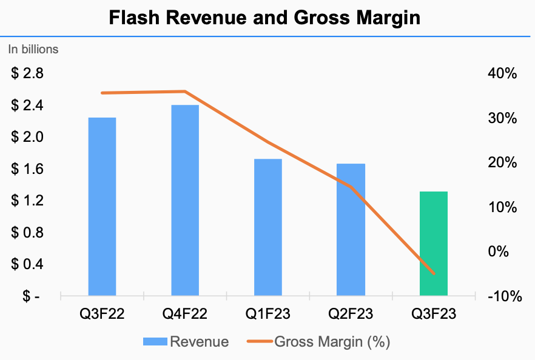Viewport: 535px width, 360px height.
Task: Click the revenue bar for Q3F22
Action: [x=102, y=207]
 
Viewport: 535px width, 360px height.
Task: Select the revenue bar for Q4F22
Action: [x=185, y=201]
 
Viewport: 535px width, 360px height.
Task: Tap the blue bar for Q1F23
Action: [x=268, y=227]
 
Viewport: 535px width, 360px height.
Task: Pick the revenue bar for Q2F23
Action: [x=351, y=230]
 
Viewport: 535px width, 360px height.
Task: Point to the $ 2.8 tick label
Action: [x=27, y=74]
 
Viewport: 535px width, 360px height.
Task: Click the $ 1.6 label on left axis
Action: [x=27, y=169]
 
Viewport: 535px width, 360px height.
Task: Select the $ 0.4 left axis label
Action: [x=27, y=264]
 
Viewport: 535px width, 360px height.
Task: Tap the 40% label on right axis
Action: [x=502, y=74]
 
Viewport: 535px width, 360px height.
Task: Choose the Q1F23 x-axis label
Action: [x=268, y=314]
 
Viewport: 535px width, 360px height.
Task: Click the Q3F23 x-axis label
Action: [x=434, y=314]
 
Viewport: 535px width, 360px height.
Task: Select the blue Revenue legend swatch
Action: [x=155, y=342]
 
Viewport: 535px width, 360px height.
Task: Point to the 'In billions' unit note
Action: [x=33, y=50]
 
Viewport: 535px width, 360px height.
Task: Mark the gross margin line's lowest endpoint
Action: [x=434, y=274]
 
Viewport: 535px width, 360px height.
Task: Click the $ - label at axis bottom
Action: [x=27, y=296]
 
